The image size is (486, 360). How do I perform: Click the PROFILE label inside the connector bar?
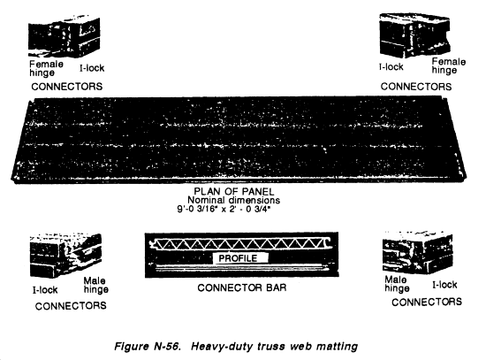238,258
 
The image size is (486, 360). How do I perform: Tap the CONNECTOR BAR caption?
242,287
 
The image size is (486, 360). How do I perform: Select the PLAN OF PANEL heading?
234,191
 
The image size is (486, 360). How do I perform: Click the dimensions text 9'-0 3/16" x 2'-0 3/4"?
224,209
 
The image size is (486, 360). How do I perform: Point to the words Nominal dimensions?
233,200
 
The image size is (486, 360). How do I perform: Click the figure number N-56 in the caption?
167,346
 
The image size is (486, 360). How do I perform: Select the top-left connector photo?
65,36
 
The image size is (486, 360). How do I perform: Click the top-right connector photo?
414,35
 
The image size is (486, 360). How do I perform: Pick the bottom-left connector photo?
65,255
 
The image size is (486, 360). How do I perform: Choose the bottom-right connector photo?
417,252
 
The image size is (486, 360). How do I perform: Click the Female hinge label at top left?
46,69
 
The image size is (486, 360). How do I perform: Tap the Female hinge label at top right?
449,65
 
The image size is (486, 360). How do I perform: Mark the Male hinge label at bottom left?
95,285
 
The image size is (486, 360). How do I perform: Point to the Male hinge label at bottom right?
397,284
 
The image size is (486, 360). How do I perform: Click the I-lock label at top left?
92,68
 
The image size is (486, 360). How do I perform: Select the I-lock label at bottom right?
444,285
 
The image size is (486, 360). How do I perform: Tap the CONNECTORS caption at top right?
416,87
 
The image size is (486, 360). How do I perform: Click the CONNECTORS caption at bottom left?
71,306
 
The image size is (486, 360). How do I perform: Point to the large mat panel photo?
239,140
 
